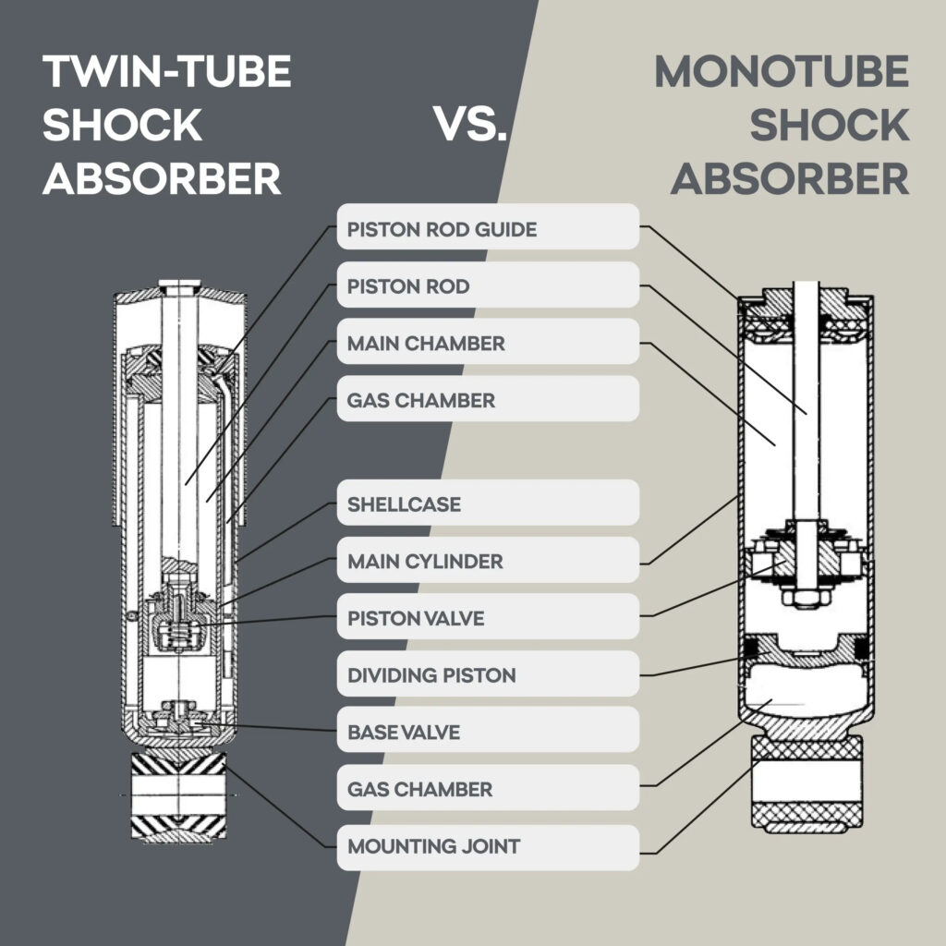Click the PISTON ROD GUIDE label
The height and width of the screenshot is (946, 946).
[x=487, y=227]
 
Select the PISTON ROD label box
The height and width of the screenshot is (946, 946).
[x=487, y=285]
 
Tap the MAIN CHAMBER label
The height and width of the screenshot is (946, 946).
[x=487, y=343]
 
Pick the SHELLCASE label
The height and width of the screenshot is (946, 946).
[x=487, y=504]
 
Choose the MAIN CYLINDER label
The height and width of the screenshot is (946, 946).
[x=487, y=561]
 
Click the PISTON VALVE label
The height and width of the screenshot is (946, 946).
[x=487, y=618]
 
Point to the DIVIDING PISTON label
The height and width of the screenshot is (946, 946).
[x=487, y=675]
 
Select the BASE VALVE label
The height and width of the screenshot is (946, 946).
[x=487, y=733]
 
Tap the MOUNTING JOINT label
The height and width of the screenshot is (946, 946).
[x=487, y=845]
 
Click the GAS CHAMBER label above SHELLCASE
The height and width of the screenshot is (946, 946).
[x=487, y=400]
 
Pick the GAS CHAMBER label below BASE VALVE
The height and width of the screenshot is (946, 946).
[x=487, y=789]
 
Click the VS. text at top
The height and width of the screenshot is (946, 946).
[x=471, y=125]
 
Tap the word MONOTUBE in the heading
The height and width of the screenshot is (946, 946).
[x=782, y=72]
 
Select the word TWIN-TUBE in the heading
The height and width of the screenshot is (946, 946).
[x=166, y=72]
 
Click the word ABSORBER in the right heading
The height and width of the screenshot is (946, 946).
[x=790, y=177]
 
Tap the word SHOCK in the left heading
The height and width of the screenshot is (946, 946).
[x=122, y=125]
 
